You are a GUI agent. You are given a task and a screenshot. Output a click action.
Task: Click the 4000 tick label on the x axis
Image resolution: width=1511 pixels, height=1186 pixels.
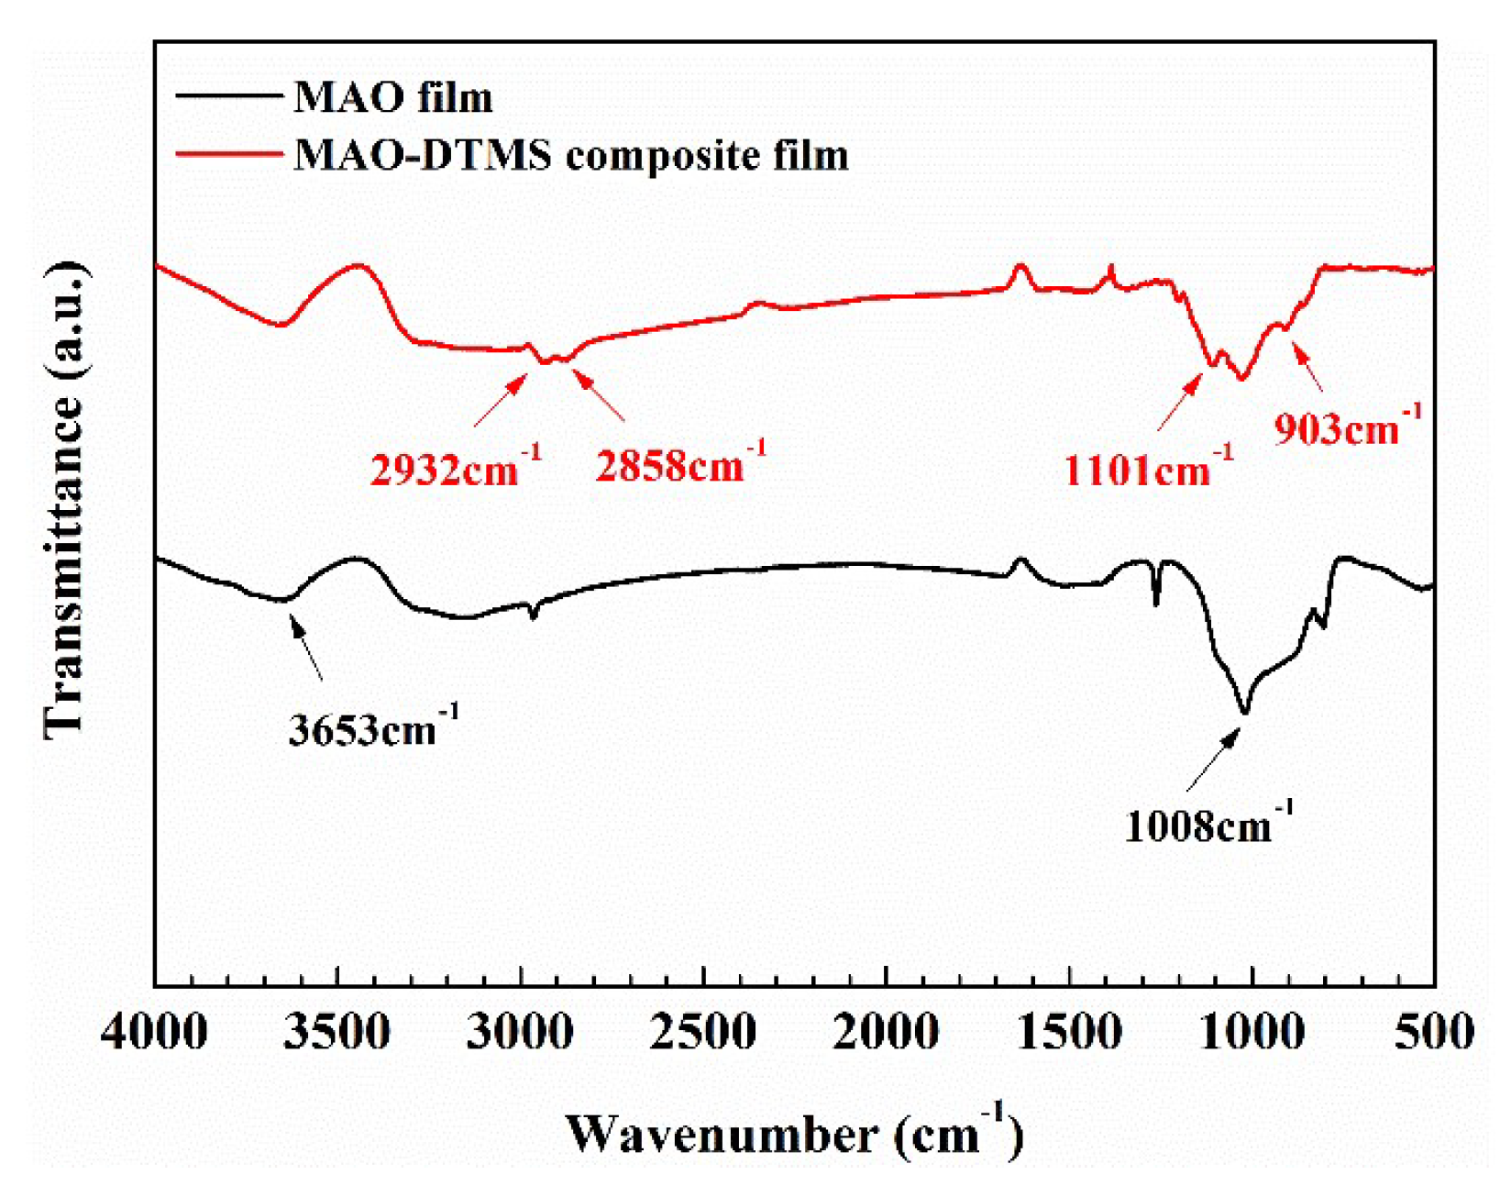pos(154,1032)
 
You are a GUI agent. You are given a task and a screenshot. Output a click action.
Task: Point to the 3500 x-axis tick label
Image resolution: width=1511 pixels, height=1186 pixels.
pos(337,1032)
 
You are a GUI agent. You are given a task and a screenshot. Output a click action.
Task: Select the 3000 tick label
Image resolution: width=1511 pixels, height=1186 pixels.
pos(520,1032)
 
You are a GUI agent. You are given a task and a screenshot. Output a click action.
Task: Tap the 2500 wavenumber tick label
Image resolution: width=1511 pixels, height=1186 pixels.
pos(703,1032)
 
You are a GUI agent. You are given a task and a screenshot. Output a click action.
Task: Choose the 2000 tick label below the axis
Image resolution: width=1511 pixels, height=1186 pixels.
pos(886,1032)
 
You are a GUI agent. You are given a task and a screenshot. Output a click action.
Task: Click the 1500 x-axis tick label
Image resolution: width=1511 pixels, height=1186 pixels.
pos(1069,1032)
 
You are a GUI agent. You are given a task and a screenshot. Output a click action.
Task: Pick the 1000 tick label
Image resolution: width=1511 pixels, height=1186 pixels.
pos(1252,1032)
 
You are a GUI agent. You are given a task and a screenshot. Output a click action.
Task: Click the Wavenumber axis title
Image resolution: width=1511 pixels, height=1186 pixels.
pos(794,1134)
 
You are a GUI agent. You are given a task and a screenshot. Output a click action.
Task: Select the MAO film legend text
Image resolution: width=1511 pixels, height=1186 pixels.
pos(392,97)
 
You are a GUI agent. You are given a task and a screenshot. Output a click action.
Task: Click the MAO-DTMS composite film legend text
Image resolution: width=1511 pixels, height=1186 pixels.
pos(570,155)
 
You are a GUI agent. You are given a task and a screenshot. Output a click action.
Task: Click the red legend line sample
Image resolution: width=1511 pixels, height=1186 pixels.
pos(228,154)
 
